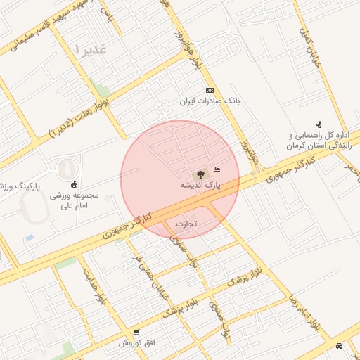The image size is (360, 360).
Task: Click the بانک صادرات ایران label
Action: coord(210,101)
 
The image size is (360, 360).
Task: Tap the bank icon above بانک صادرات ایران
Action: coord(210,91)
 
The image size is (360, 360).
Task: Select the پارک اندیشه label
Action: coord(199,184)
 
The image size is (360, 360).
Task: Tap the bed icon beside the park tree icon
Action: coord(216,169)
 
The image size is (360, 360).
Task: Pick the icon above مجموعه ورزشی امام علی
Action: coord(75,184)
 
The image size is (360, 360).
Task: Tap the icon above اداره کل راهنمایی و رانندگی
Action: coord(319,124)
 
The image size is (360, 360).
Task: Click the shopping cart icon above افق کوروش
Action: coord(136,332)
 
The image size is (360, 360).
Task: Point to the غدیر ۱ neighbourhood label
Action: coord(91,50)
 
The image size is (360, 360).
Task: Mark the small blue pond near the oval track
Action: coord(30,238)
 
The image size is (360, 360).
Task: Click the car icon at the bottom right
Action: coord(340,346)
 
